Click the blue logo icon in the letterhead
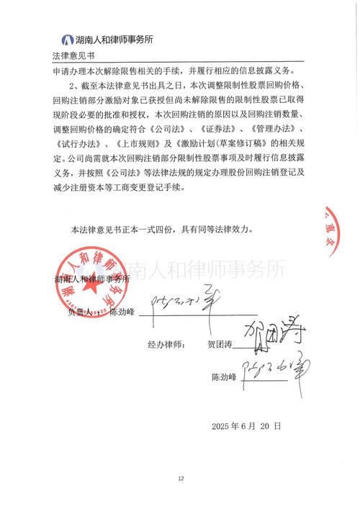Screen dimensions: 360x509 (68, 40)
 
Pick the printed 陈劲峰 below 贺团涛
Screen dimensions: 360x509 (225, 377)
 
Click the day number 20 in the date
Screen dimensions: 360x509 (266, 426)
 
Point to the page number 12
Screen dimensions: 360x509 (181, 478)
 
